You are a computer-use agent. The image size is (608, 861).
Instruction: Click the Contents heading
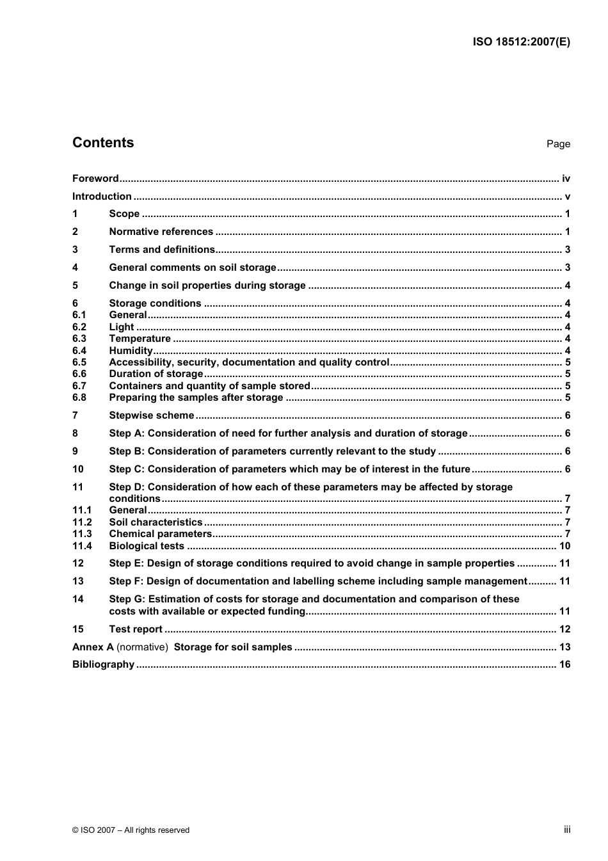coord(103,143)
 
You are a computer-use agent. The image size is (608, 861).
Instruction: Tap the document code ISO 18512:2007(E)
coord(521,42)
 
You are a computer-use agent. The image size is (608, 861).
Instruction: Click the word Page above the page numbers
coord(558,144)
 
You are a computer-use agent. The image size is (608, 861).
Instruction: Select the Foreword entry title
coord(95,179)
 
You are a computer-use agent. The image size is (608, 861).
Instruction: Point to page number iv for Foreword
coord(566,179)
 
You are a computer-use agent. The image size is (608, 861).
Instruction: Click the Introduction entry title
coord(102,197)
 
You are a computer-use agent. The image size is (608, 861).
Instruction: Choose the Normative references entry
coord(161,232)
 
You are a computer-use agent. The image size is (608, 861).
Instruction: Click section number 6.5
coord(79,362)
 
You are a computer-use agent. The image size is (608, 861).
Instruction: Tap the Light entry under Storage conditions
coord(122,327)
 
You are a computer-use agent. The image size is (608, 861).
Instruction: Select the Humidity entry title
coord(131,351)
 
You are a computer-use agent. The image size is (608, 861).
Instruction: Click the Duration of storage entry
coord(156,374)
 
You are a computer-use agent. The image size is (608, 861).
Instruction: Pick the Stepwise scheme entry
coord(151,415)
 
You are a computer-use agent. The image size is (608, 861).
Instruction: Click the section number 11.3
coord(82,534)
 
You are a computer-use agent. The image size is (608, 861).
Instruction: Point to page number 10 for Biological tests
coord(564,546)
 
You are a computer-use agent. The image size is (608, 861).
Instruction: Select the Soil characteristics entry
coord(156,522)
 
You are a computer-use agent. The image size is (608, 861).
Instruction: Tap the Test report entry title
coord(136,629)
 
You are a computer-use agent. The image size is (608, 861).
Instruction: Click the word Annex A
coord(93,647)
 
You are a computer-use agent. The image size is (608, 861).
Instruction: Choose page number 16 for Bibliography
coord(564,664)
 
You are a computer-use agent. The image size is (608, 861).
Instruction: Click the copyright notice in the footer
coord(131,830)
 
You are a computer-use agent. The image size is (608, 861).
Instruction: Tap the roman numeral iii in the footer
coord(567,830)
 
